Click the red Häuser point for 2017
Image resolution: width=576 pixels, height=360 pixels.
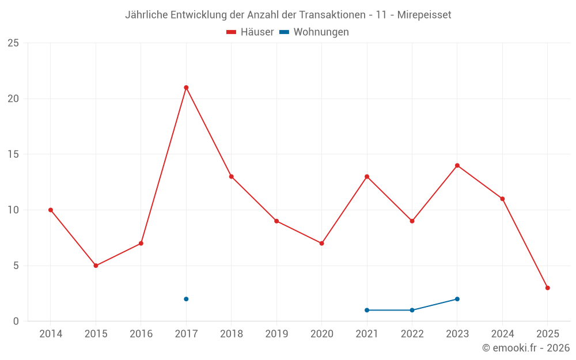186,88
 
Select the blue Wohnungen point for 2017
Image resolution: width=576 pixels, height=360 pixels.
186,299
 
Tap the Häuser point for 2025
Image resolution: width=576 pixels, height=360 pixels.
548,288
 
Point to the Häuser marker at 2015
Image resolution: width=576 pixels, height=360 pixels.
96,266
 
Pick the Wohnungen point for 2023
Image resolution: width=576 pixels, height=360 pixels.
457,299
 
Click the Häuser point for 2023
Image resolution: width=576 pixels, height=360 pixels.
457,165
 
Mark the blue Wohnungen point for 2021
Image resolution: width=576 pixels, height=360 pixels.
367,310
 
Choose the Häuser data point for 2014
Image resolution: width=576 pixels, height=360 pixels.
51,210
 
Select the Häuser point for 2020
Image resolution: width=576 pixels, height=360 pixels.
321,243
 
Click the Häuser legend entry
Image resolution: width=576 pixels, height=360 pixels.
250,32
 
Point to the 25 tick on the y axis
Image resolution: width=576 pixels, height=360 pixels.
13,43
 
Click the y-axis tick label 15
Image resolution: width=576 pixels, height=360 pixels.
13,154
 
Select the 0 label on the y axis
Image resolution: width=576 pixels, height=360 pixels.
16,321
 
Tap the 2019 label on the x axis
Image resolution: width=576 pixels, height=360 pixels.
276,334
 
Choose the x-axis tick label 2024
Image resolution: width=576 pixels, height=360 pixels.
502,334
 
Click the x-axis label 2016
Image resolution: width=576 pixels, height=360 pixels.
141,334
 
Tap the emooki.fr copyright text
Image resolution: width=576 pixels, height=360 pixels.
526,348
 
